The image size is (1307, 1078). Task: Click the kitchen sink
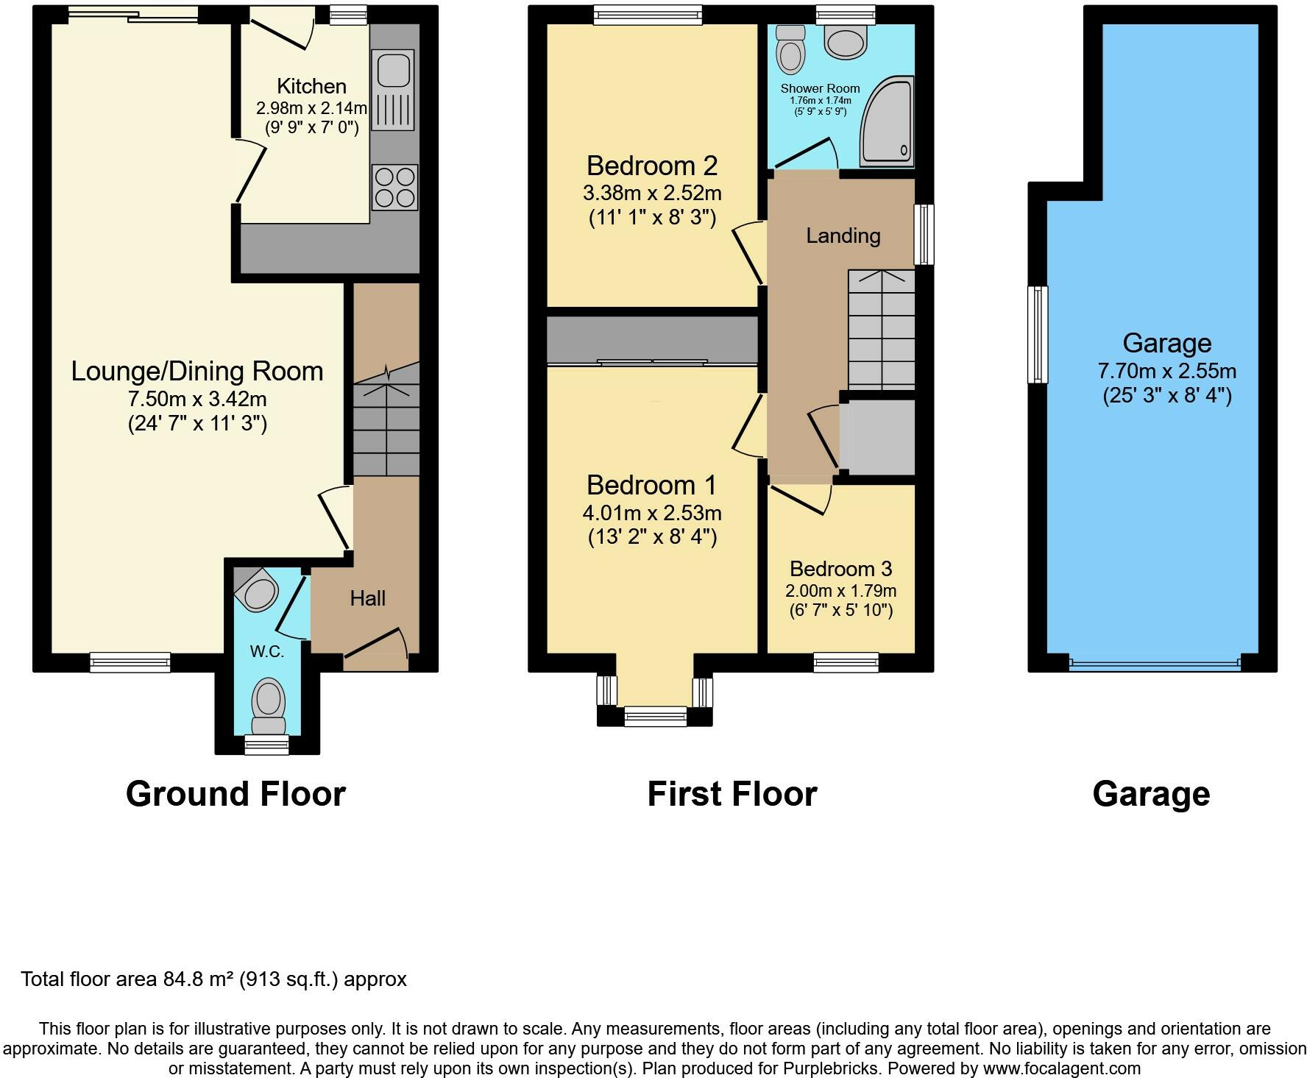click(x=394, y=91)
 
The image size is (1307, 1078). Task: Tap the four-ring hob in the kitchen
click(x=395, y=187)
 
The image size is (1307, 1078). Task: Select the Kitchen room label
click(x=311, y=86)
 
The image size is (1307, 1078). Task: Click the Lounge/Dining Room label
click(x=197, y=371)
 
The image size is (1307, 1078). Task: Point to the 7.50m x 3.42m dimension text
click(x=197, y=400)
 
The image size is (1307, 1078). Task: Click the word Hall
click(x=368, y=598)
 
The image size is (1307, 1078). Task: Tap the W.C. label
click(x=266, y=651)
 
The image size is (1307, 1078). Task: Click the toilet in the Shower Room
click(x=790, y=49)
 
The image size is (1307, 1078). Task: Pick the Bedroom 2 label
click(x=652, y=166)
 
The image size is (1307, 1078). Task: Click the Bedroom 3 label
click(x=840, y=569)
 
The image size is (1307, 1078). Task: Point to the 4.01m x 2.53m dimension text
click(x=652, y=512)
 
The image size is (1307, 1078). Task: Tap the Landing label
click(x=843, y=235)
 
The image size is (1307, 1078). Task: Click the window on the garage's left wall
click(x=1037, y=335)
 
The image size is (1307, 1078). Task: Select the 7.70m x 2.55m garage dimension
click(x=1167, y=371)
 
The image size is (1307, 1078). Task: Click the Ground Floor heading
click(x=235, y=794)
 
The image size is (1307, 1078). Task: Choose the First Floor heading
click(x=732, y=794)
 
